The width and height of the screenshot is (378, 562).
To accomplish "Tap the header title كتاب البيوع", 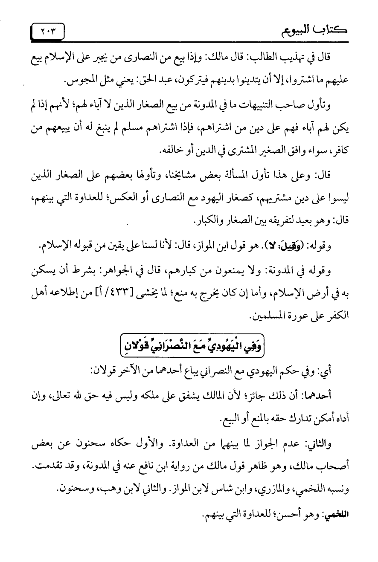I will pyautogui.click(x=327, y=31).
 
